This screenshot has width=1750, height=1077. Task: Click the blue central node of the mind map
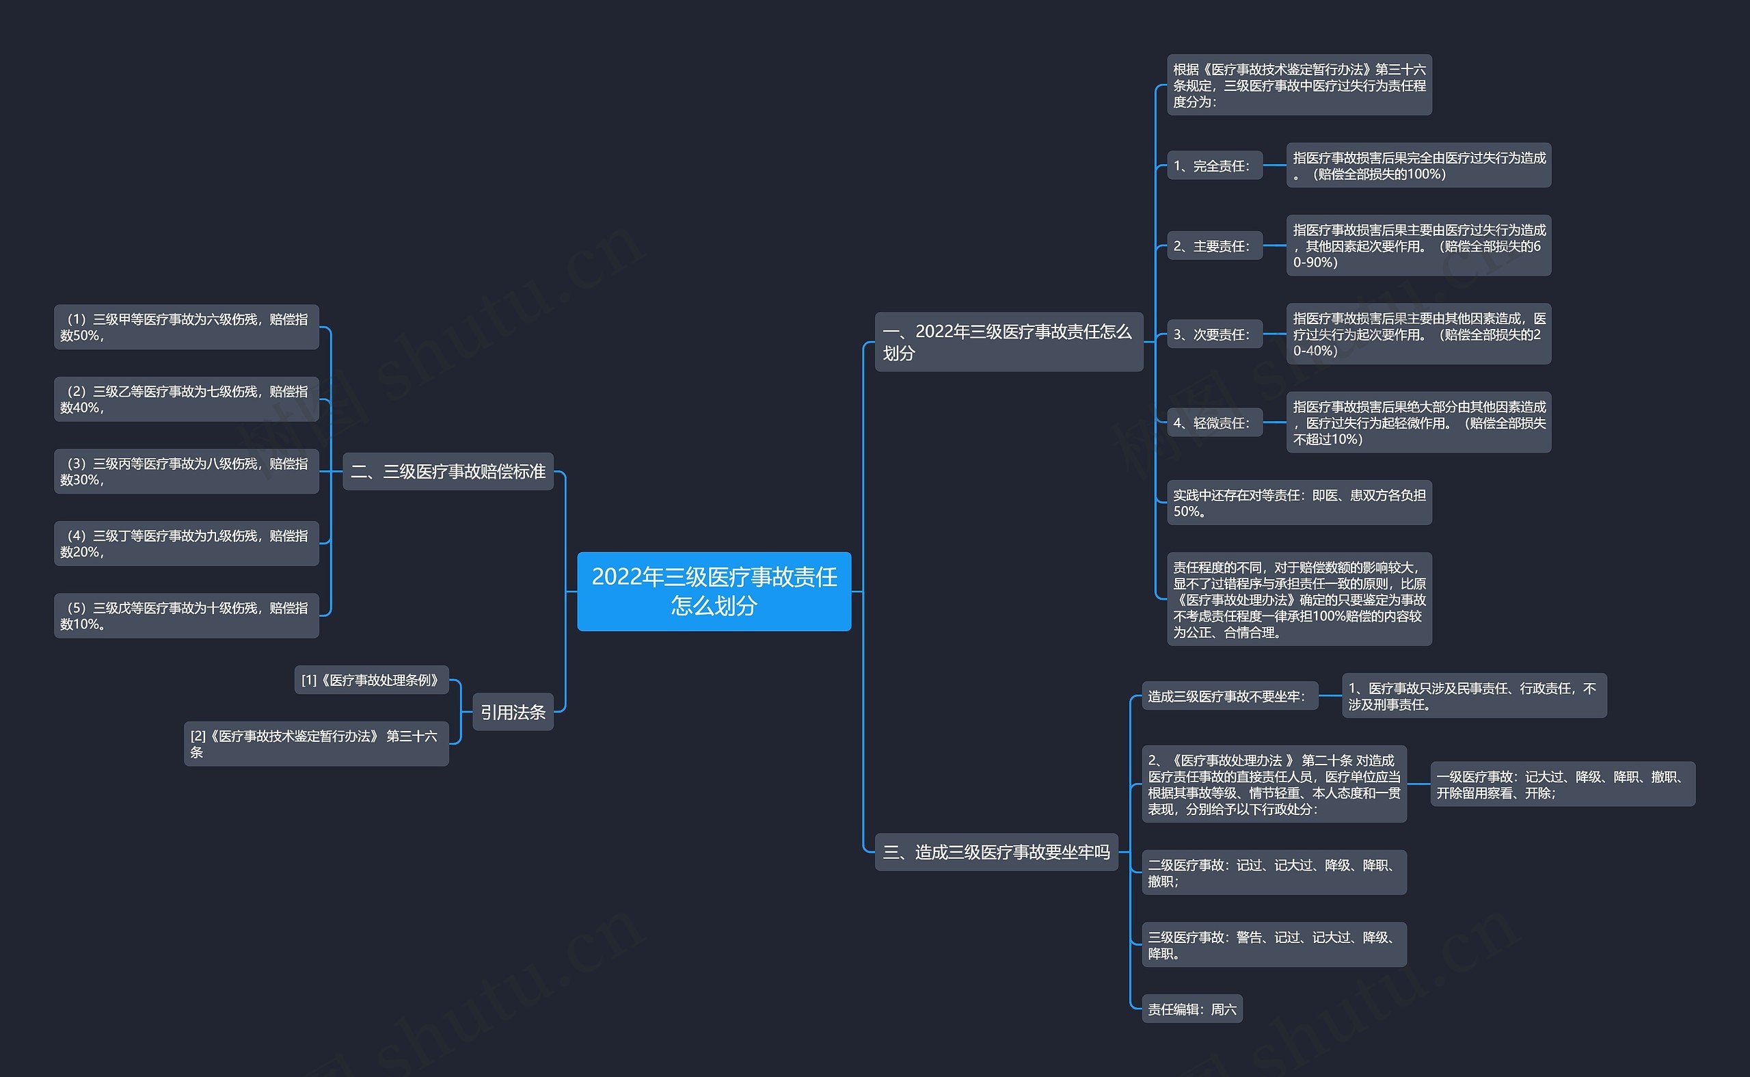pyautogui.click(x=714, y=591)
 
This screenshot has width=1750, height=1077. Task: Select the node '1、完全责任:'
pyautogui.click(x=1214, y=165)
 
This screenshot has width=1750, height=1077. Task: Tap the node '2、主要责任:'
pyautogui.click(x=1214, y=245)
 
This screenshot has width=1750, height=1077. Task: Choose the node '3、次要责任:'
pyautogui.click(x=1214, y=334)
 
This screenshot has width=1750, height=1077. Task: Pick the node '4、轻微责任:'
pyautogui.click(x=1214, y=423)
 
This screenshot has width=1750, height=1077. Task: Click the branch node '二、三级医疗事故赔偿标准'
pyautogui.click(x=448, y=471)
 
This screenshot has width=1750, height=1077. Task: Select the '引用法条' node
pyautogui.click(x=513, y=712)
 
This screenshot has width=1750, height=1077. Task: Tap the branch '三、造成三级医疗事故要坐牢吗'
pyautogui.click(x=996, y=852)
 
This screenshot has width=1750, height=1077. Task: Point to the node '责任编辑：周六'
pyautogui.click(x=1192, y=1009)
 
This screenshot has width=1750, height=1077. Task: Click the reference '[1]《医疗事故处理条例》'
pyautogui.click(x=371, y=680)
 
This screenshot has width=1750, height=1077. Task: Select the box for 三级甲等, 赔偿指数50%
pyautogui.click(x=186, y=327)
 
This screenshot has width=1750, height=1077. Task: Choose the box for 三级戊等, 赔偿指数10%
pyautogui.click(x=186, y=615)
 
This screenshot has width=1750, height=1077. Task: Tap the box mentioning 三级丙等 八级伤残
pyautogui.click(x=186, y=471)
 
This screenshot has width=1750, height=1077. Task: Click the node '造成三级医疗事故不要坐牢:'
pyautogui.click(x=1230, y=696)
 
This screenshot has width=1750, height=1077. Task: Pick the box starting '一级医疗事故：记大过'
pyautogui.click(x=1562, y=784)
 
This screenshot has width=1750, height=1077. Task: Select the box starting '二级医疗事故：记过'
pyautogui.click(x=1274, y=873)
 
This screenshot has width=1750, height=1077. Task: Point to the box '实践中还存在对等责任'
pyautogui.click(x=1299, y=503)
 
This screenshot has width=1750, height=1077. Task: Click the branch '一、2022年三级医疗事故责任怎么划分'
pyautogui.click(x=1008, y=342)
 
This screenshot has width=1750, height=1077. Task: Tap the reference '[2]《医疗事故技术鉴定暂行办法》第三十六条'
pyautogui.click(x=316, y=744)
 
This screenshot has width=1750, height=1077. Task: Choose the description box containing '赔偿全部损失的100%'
pyautogui.click(x=1418, y=165)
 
